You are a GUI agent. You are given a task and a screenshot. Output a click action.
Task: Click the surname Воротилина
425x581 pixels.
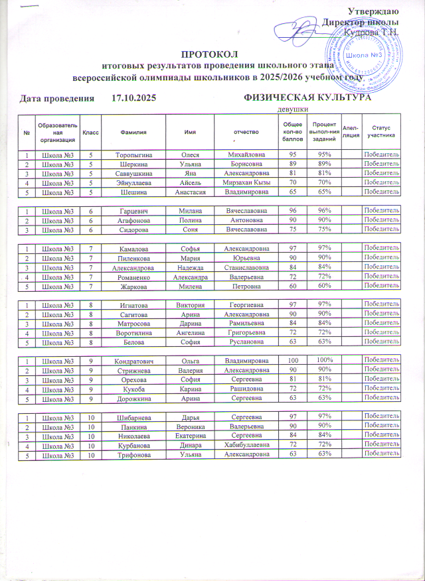tap(133, 332)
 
